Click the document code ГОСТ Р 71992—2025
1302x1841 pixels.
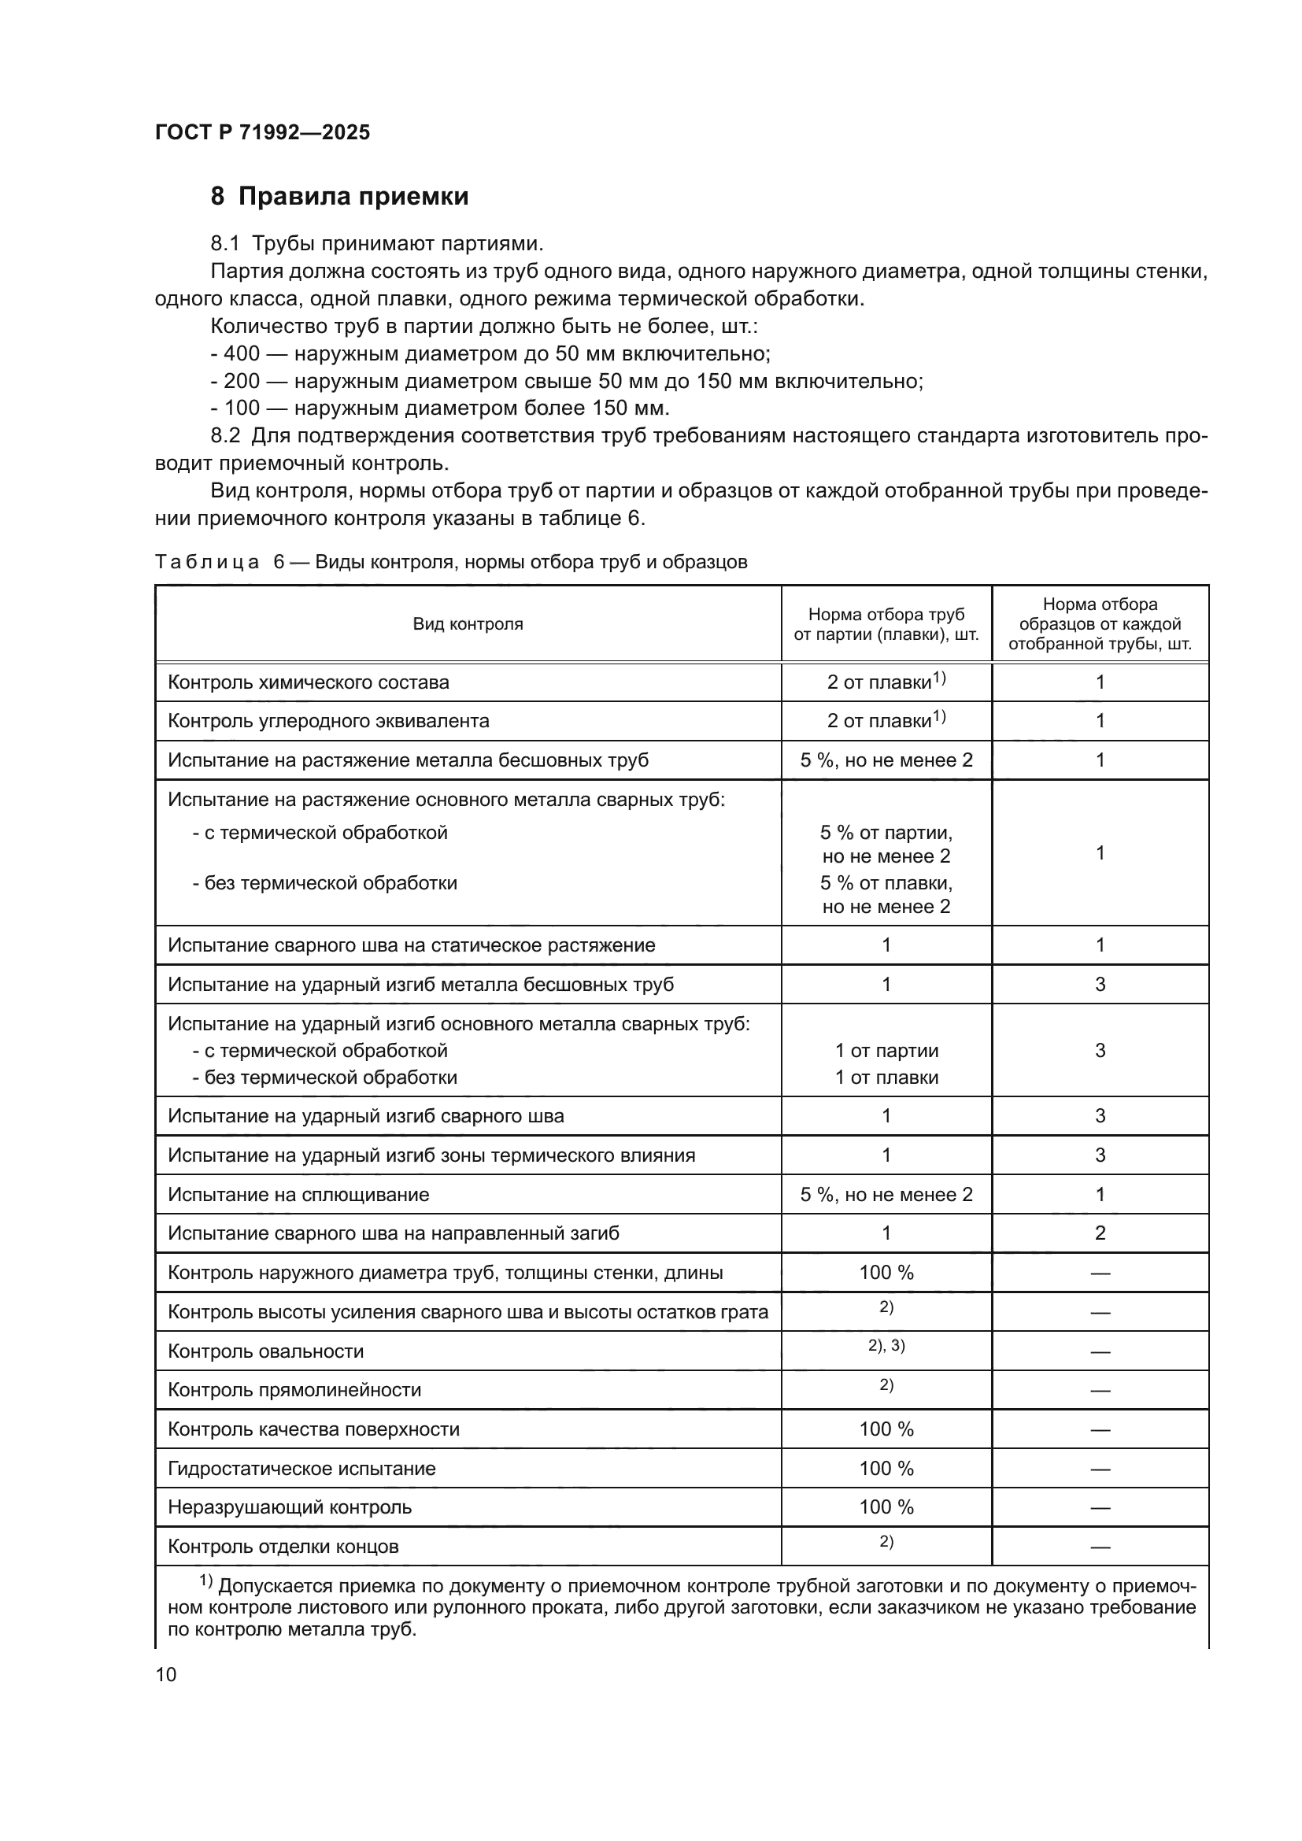(x=262, y=132)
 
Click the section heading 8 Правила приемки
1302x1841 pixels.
(x=339, y=197)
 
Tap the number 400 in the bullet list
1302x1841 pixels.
(x=242, y=353)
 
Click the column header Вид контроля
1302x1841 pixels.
(x=468, y=625)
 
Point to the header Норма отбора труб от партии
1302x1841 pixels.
(x=886, y=625)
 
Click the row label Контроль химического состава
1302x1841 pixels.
(x=308, y=682)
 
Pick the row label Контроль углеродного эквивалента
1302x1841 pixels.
(x=328, y=721)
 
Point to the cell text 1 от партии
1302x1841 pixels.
(x=886, y=1051)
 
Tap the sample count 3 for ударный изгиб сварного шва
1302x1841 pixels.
(x=1100, y=1116)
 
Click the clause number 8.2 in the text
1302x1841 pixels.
(x=224, y=436)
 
